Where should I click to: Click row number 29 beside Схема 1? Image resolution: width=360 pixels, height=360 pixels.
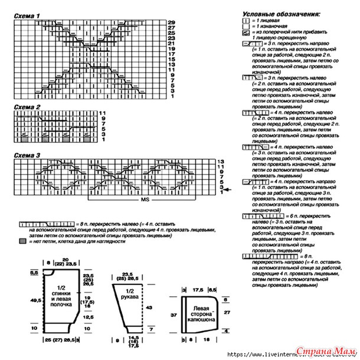pyautogui.click(x=171, y=22)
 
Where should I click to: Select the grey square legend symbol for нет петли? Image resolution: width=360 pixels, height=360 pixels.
pyautogui.click(x=22, y=242)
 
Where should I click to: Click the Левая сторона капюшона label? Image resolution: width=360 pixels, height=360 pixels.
pyautogui.click(x=200, y=313)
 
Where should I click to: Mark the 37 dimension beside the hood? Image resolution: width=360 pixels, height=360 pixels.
pyautogui.click(x=174, y=315)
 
